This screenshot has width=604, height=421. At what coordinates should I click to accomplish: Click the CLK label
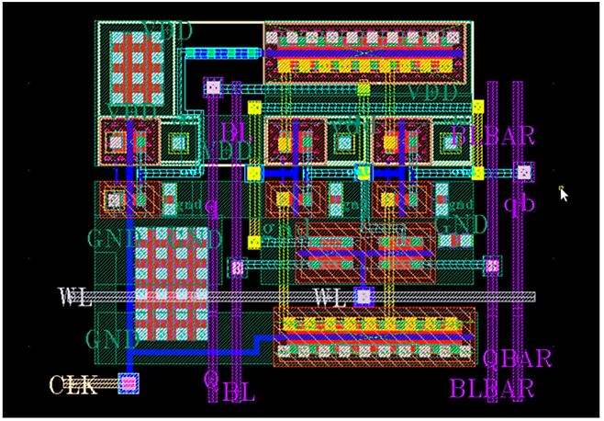click(x=73, y=384)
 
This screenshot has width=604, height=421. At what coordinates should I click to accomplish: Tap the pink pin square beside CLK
click(x=129, y=382)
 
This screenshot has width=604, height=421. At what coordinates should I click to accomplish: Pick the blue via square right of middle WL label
click(x=364, y=296)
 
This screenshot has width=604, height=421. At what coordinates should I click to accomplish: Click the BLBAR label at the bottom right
click(x=491, y=388)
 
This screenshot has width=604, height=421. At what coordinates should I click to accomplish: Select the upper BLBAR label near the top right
click(x=494, y=137)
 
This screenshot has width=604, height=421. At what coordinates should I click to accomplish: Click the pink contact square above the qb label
click(x=523, y=171)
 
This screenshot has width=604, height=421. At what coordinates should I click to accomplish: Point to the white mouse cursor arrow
click(x=564, y=193)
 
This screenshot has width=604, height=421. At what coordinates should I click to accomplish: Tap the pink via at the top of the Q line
click(x=213, y=87)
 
